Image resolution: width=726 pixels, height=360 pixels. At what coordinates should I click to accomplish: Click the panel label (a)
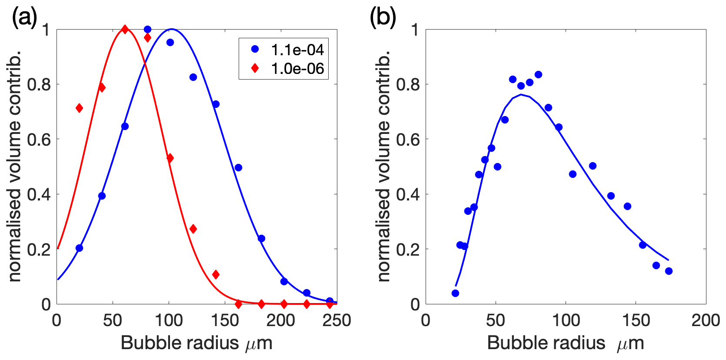tap(24, 18)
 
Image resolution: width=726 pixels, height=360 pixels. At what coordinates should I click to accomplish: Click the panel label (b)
tap(383, 18)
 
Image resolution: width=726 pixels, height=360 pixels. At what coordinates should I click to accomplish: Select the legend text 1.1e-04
tap(297, 50)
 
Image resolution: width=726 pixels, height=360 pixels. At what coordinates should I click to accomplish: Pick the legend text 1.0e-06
tap(297, 69)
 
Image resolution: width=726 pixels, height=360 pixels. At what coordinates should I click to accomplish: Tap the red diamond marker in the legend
tap(255, 68)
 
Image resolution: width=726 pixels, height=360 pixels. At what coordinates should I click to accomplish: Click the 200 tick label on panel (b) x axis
tap(706, 321)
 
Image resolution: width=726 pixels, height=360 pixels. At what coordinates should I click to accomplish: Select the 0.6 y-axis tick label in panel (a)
tap(39, 140)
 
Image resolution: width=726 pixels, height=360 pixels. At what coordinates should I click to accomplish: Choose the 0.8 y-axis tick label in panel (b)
tap(407, 84)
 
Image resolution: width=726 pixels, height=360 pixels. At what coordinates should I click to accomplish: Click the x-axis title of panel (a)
tap(196, 343)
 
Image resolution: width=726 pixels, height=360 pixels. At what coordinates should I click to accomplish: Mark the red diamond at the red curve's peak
tap(125, 30)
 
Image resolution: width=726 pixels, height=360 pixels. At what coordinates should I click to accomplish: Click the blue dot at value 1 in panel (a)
tap(147, 30)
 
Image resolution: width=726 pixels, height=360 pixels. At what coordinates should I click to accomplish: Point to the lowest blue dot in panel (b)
tap(455, 293)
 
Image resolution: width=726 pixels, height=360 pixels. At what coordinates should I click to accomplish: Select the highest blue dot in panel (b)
tap(538, 75)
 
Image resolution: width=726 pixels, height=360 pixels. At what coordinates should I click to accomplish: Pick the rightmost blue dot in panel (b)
tap(669, 271)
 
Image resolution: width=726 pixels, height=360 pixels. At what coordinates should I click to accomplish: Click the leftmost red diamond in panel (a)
tap(79, 108)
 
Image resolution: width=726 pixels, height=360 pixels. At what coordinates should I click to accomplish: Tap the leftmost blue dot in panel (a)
tap(79, 248)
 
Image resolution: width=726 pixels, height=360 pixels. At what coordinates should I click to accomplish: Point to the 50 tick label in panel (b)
tap(496, 321)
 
